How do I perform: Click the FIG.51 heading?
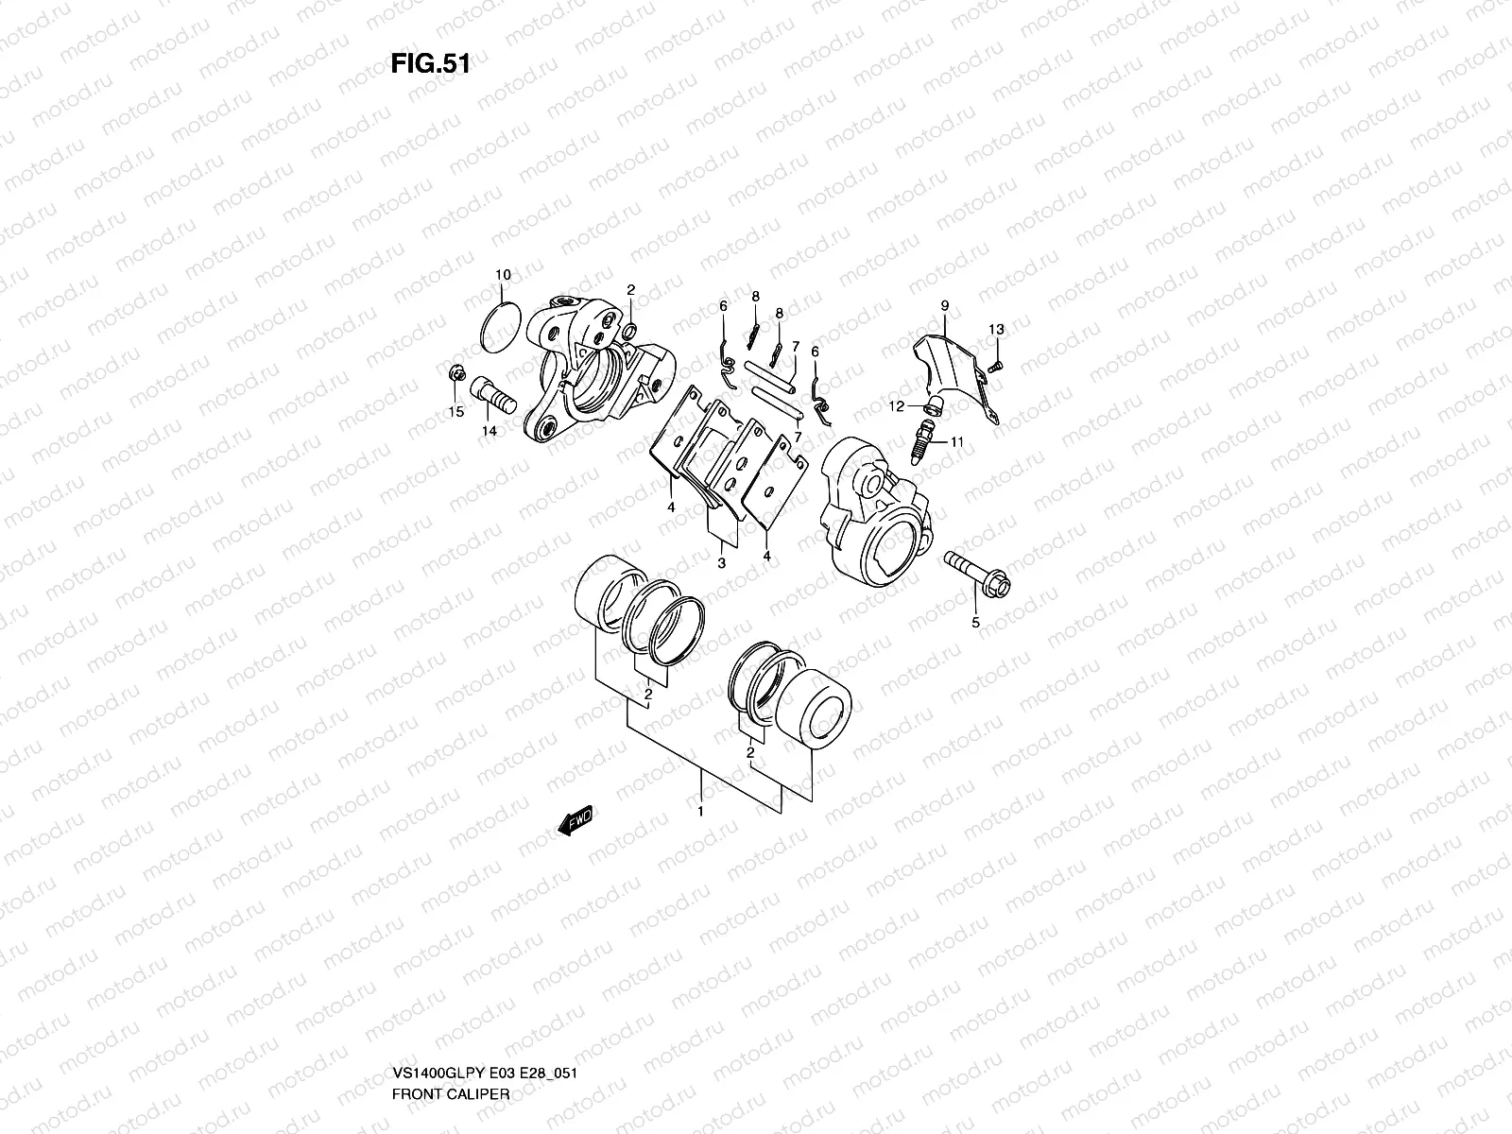click(x=430, y=65)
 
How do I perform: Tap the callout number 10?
click(x=503, y=275)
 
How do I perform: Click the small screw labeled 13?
click(x=994, y=365)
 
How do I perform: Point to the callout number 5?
click(x=976, y=623)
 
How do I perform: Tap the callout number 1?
click(x=700, y=812)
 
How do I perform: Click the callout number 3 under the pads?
click(x=721, y=563)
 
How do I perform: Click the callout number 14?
click(x=490, y=431)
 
